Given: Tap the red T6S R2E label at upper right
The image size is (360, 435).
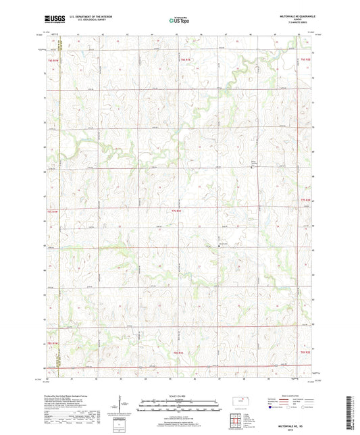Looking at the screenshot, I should (x=305, y=60).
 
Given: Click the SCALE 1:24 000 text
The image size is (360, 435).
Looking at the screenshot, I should (x=180, y=395).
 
